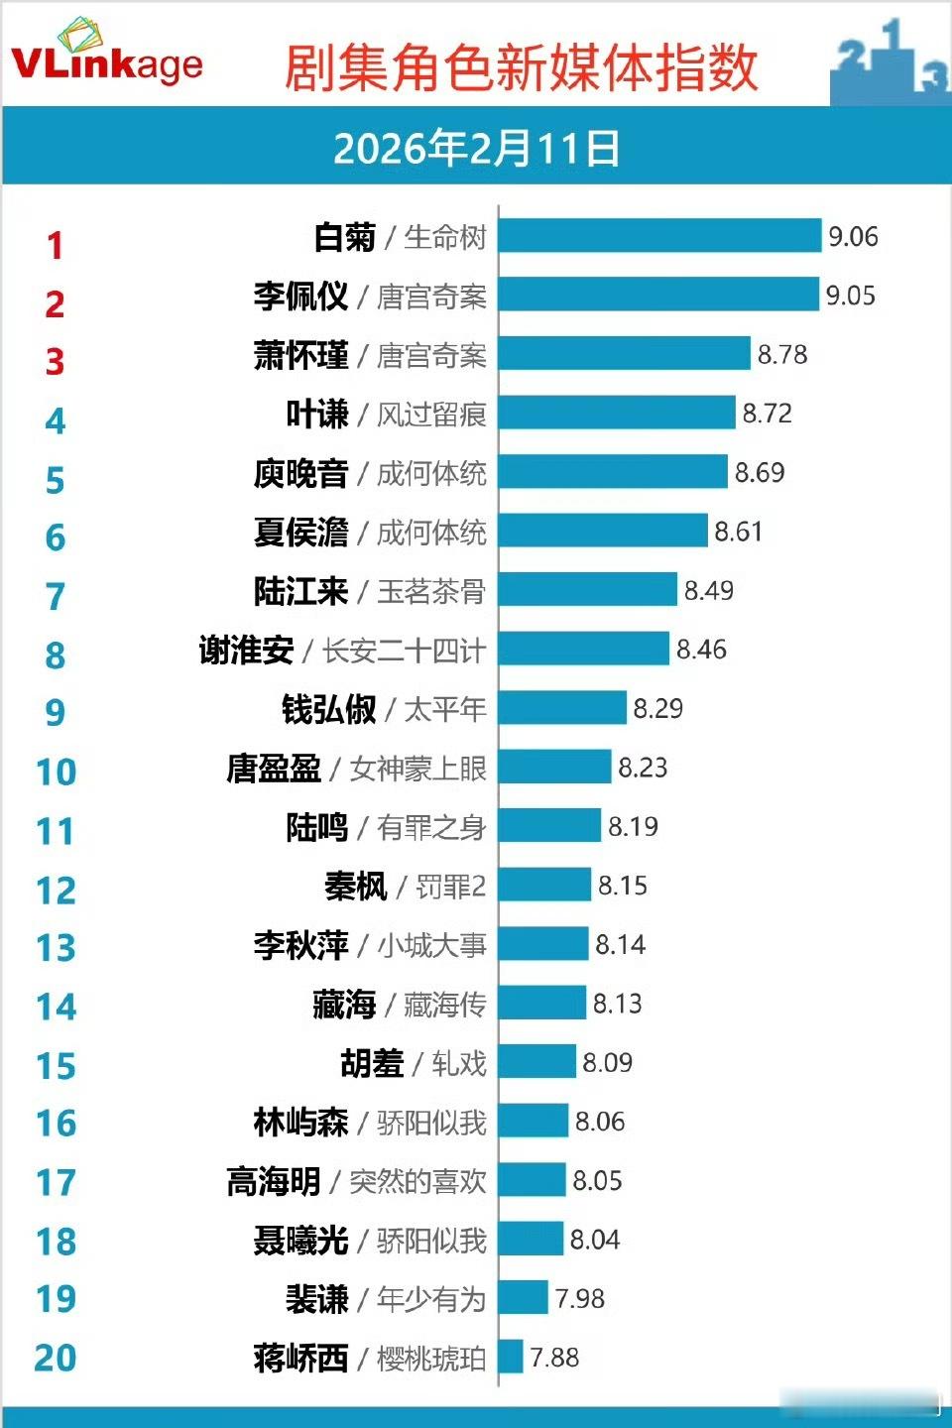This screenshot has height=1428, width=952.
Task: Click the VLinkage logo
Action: [x=106, y=57]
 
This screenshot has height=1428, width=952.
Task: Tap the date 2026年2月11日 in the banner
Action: [x=476, y=149]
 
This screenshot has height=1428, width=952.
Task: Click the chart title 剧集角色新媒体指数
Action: [x=522, y=67]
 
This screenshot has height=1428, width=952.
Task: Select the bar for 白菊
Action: [x=659, y=236]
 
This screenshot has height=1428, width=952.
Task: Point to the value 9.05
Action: [x=851, y=296]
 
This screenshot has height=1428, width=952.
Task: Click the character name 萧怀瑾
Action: [x=300, y=355]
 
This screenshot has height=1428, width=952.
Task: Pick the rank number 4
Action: [x=56, y=421]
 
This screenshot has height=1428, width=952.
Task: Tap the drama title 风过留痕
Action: [x=431, y=414]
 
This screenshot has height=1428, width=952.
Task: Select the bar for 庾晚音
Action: [x=613, y=472]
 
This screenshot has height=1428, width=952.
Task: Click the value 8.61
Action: [x=739, y=532]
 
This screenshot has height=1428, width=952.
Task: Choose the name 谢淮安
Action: [x=246, y=651]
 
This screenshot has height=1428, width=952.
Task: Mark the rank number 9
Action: [x=56, y=713]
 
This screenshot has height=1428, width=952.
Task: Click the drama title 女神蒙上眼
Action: [x=418, y=769]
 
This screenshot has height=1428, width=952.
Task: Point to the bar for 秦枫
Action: [x=544, y=885]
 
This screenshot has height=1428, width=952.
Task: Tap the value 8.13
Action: [x=617, y=1004]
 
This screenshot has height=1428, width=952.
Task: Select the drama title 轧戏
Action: [x=459, y=1063]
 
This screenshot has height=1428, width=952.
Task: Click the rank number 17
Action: [x=56, y=1182]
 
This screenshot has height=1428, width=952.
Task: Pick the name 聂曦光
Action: [x=300, y=1241]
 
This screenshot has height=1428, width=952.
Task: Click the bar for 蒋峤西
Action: [x=511, y=1357]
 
